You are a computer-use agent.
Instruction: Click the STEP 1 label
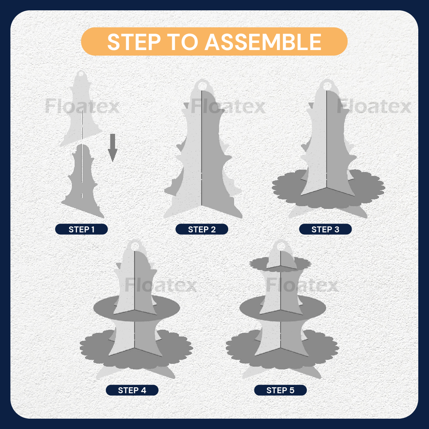click(x=81, y=229)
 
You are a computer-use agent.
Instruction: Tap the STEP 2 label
click(x=202, y=229)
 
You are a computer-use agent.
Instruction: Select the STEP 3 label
click(x=325, y=229)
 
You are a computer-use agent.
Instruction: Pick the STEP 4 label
click(x=132, y=390)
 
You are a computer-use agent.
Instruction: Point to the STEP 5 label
click(x=281, y=390)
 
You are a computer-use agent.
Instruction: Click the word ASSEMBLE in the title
click(x=263, y=42)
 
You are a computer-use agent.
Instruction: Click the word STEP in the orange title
click(x=134, y=42)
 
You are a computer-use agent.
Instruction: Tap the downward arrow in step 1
click(x=112, y=147)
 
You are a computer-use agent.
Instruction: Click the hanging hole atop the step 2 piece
click(x=202, y=86)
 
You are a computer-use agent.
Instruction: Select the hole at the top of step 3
click(x=327, y=86)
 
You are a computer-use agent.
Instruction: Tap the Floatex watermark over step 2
click(x=228, y=106)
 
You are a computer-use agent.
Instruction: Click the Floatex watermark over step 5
click(x=302, y=285)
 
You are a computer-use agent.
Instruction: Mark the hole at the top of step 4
click(x=135, y=246)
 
